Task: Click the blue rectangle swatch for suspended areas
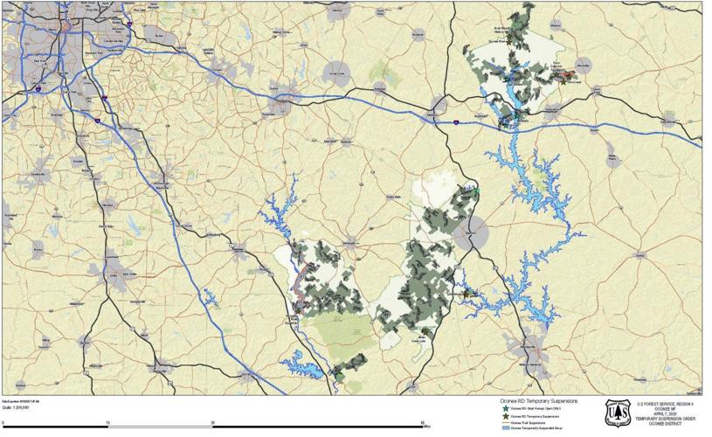point(504,429)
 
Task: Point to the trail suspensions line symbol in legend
point(504,423)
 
